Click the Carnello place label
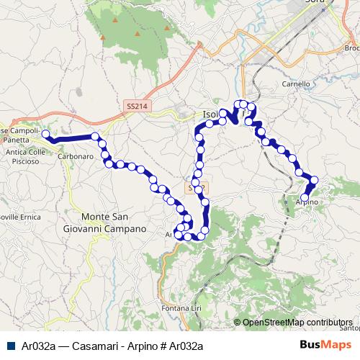[296, 83]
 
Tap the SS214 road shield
[136, 106]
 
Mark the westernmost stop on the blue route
[45, 134]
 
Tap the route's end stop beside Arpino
[305, 197]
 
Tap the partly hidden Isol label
[210, 114]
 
